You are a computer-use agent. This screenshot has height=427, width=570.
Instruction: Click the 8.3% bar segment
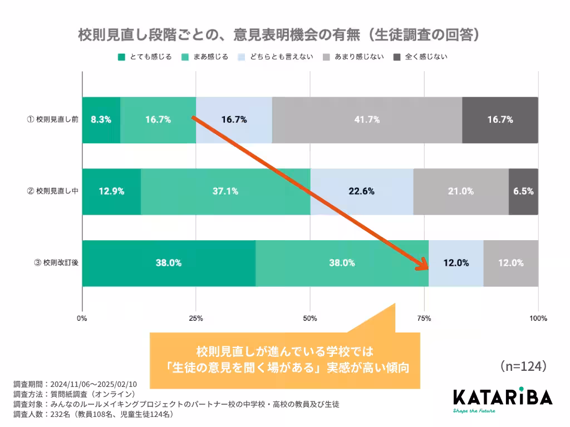[101, 120]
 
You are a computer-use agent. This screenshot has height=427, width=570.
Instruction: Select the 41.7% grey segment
[367, 120]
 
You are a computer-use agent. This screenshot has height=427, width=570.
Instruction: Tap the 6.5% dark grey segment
[523, 191]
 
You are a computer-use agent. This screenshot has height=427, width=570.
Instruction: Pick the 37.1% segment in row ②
[225, 191]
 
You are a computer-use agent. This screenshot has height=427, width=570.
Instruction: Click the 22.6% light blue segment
[361, 191]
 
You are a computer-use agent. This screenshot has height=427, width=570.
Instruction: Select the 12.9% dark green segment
[111, 191]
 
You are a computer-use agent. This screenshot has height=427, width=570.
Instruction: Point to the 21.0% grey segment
[461, 191]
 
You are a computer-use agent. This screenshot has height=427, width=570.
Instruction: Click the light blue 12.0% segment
[456, 263]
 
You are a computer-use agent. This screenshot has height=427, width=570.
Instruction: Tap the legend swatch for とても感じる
[121, 57]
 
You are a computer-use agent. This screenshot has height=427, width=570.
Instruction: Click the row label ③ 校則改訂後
[56, 263]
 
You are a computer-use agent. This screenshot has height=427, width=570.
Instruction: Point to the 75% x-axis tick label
[424, 319]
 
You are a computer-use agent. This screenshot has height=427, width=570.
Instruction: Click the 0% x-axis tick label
[82, 319]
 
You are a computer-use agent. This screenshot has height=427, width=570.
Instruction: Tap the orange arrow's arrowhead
[422, 265]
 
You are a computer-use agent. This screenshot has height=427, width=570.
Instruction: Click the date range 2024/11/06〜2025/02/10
[93, 384]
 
